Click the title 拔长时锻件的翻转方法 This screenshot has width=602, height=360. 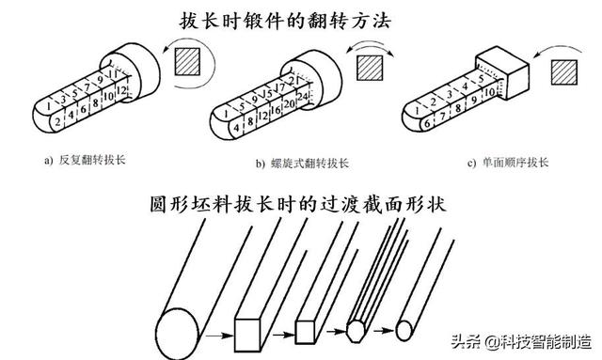pos(301,20)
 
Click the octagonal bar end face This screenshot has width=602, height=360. pos(356,331)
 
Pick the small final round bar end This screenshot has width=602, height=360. pos(404,331)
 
